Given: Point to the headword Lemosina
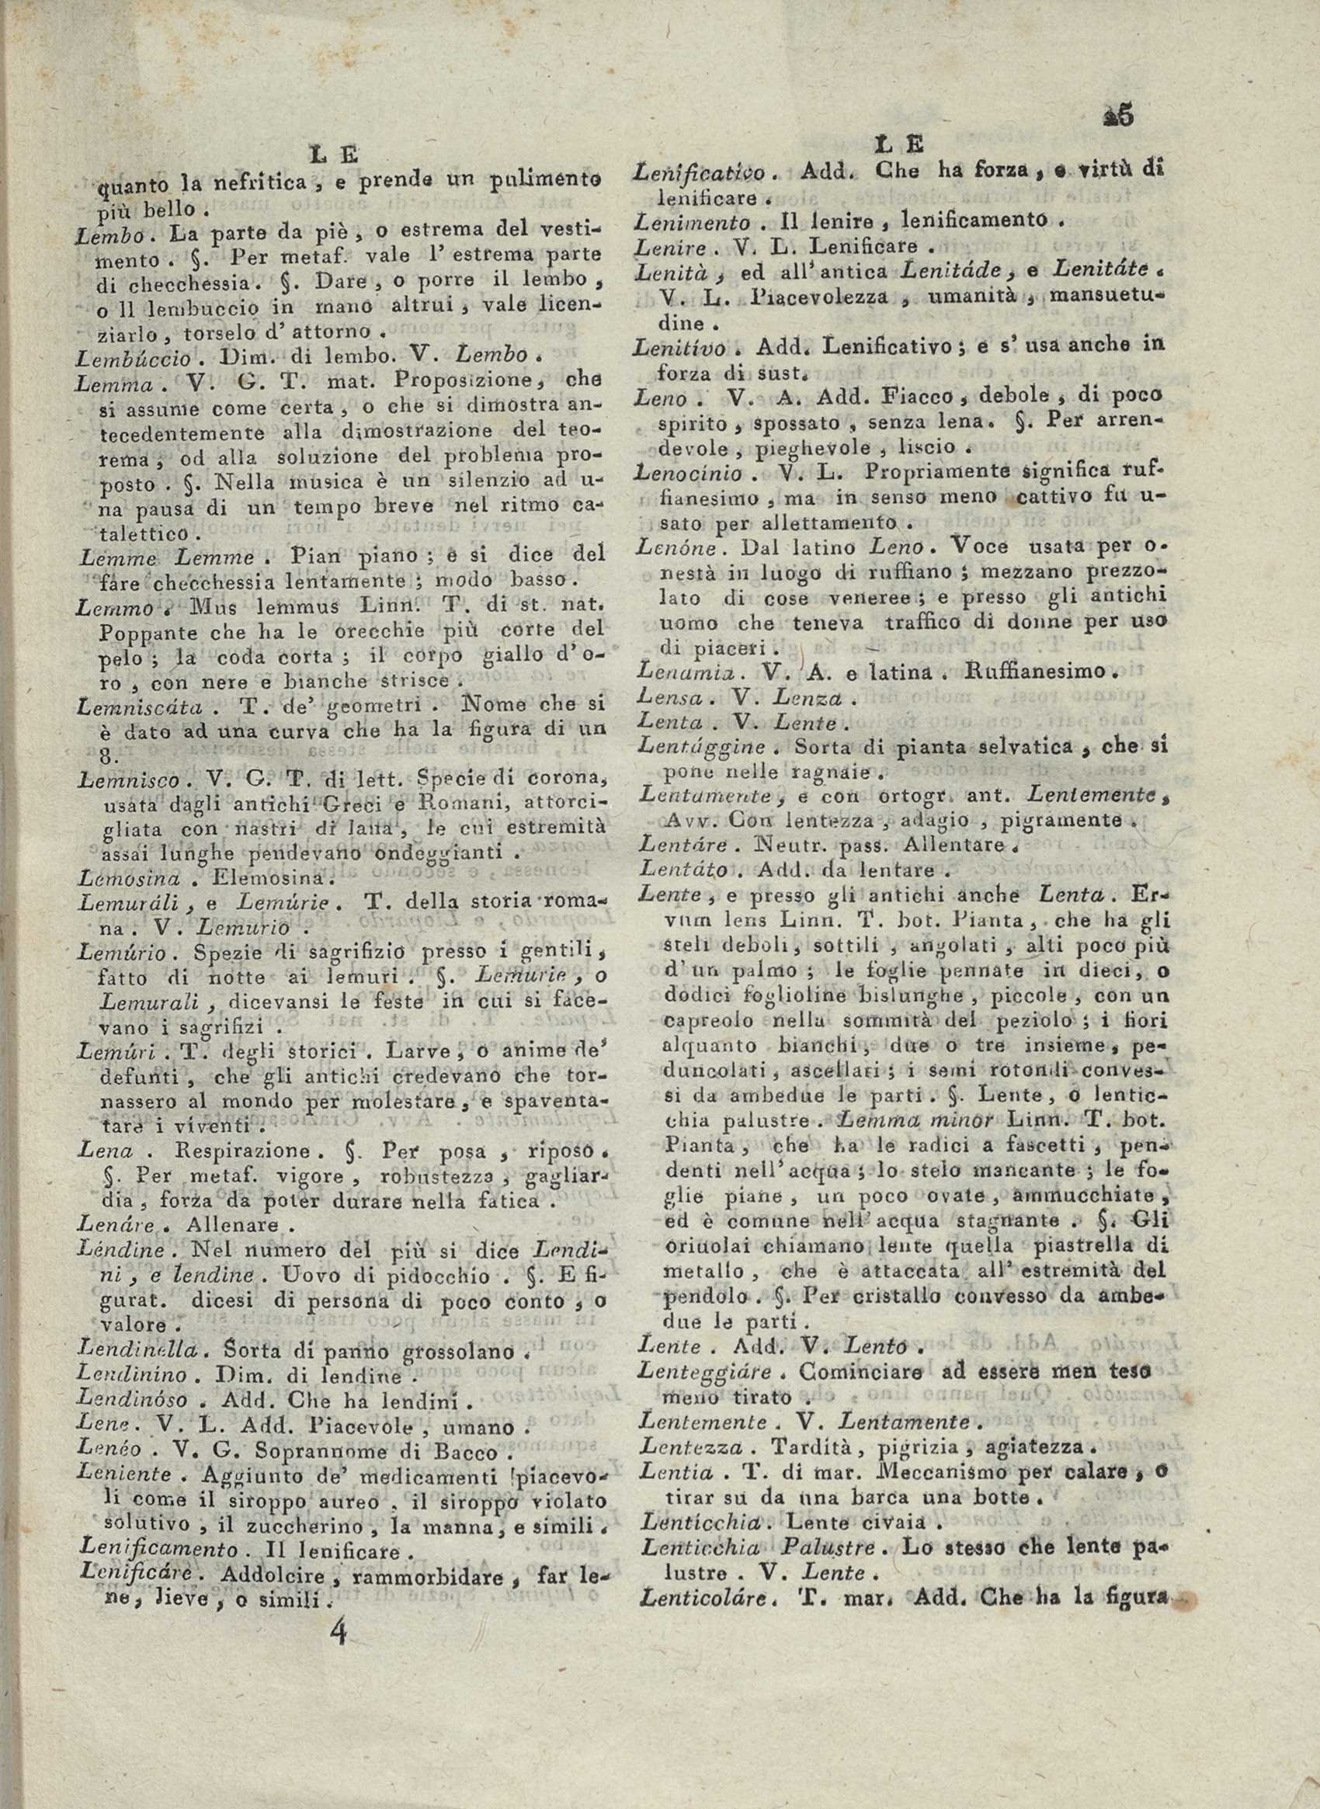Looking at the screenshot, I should pyautogui.click(x=129, y=877).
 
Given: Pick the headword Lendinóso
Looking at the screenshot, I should pyautogui.click(x=134, y=1399).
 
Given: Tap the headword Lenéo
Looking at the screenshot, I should pyautogui.click(x=109, y=1450).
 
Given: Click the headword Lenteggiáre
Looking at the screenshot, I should pyautogui.click(x=706, y=1372).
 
